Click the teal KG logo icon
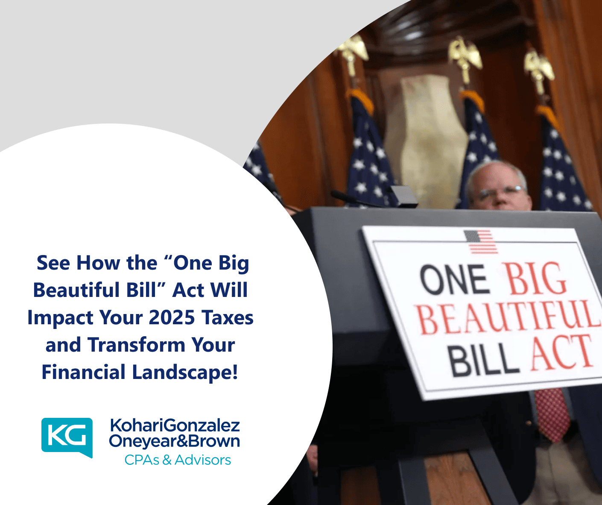click(x=67, y=436)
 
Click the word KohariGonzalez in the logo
click(x=175, y=426)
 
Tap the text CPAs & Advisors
click(x=178, y=460)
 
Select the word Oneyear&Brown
click(x=174, y=441)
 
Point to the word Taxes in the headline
click(x=228, y=317)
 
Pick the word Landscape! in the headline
click(x=185, y=372)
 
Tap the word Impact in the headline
click(x=60, y=317)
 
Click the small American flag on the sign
click(x=480, y=241)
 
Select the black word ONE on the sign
click(x=454, y=280)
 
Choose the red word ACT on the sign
click(x=562, y=352)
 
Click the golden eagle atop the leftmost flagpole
click(x=353, y=49)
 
